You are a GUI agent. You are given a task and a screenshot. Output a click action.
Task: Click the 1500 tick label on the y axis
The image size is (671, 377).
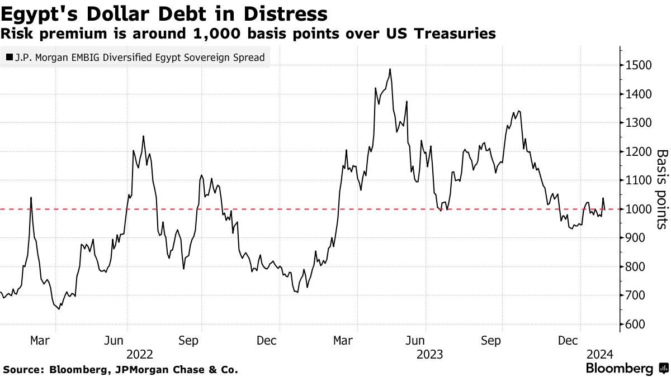coord(639,65)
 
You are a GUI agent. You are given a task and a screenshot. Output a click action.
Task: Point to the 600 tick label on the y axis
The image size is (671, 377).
coord(636,324)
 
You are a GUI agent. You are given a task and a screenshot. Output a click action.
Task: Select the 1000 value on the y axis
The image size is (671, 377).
coord(639,209)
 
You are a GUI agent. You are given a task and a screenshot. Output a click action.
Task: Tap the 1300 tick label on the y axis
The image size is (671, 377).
coord(639,123)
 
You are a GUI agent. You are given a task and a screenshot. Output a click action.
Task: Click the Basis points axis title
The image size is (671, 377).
coord(661,189)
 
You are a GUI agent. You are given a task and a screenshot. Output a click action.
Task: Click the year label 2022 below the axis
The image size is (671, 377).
coord(140,354)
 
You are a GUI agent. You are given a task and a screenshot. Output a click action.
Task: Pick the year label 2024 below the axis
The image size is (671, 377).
coord(600,354)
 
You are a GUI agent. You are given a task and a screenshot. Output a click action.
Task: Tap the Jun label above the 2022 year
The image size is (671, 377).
coord(115,340)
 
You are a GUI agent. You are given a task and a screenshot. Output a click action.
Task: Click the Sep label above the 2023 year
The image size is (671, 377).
coord(490,340)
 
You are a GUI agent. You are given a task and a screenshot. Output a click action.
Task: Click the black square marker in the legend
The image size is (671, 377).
coord(10,57)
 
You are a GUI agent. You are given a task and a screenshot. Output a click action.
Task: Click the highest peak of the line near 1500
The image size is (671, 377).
coord(390,69)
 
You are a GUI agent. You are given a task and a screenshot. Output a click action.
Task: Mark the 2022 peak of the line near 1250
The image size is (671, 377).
coord(143,136)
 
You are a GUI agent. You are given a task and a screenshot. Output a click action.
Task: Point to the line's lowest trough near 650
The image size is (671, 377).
coord(59,308)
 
